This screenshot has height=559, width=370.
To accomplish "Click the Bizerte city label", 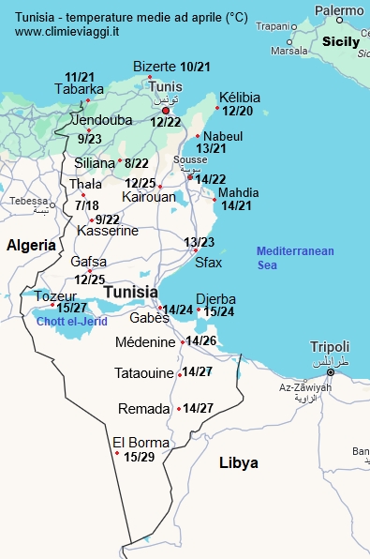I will click(x=155, y=67).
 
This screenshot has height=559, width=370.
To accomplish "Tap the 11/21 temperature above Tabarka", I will click(x=80, y=76).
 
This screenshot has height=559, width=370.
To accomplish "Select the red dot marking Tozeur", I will click(x=52, y=305).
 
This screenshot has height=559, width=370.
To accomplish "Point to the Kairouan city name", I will click(x=148, y=198).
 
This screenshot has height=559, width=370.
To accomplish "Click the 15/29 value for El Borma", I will click(x=139, y=457).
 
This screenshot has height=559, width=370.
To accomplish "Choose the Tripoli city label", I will click(x=330, y=346).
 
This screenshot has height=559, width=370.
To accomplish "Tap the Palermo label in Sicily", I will click(x=339, y=10).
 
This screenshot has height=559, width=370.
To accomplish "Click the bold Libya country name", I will click(x=238, y=462).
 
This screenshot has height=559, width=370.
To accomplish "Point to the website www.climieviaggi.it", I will click(x=67, y=31).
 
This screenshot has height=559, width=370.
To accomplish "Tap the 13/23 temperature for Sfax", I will click(x=200, y=243).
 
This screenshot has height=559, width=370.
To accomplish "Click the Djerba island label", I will click(x=215, y=299).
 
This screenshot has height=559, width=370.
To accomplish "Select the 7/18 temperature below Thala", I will click(x=86, y=205).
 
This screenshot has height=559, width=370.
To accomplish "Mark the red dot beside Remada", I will click(x=178, y=409).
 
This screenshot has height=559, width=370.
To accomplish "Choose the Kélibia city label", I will click(x=239, y=98).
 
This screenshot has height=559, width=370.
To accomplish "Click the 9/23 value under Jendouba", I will click(x=90, y=139).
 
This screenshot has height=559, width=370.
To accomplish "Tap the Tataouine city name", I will click(x=144, y=373).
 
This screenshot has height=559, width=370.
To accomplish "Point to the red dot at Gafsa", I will click(x=89, y=271).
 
